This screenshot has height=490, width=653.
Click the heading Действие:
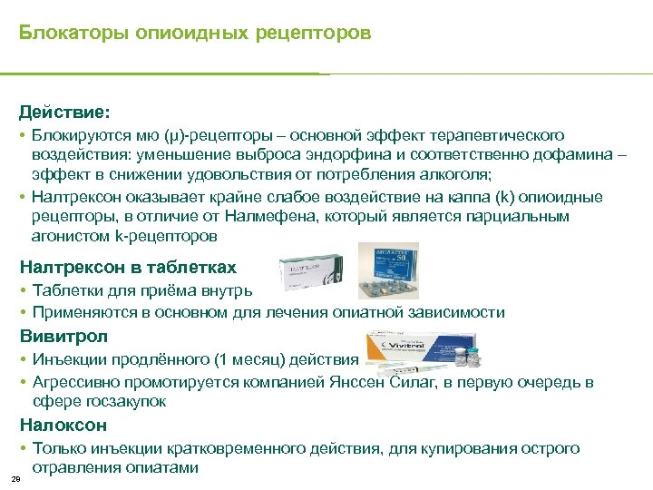coord(64,113)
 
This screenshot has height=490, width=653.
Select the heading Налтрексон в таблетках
coord(128,267)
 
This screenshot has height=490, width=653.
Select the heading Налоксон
coord(63,425)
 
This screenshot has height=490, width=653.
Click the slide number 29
coord(15,478)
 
